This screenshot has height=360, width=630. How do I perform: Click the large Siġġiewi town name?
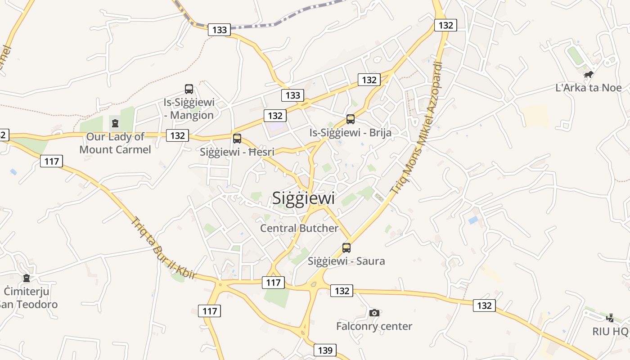(304, 198)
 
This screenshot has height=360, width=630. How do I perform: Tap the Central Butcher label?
(299, 228)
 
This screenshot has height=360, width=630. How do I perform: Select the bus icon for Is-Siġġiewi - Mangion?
(189, 89)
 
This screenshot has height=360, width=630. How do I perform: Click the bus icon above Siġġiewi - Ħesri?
(237, 139)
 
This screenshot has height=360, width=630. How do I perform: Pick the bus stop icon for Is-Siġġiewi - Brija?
(351, 119)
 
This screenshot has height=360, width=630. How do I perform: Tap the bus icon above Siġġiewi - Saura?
(346, 248)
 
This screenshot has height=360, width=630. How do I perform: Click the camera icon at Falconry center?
(374, 313)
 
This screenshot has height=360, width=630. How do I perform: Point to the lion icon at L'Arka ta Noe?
(588, 75)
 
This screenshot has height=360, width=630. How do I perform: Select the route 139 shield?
(325, 350)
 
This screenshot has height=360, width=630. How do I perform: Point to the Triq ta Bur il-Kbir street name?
(163, 248)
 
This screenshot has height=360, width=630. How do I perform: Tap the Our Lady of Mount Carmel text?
(115, 143)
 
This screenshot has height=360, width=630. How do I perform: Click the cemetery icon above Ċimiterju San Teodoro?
(27, 278)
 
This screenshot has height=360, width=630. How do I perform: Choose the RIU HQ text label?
(610, 332)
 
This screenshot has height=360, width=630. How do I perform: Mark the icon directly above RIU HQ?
(610, 318)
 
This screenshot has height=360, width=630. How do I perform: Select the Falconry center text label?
(374, 326)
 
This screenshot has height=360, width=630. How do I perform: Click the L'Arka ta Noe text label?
(588, 88)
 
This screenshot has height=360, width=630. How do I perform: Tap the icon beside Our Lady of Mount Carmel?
(115, 122)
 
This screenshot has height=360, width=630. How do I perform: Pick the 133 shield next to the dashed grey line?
(219, 30)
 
